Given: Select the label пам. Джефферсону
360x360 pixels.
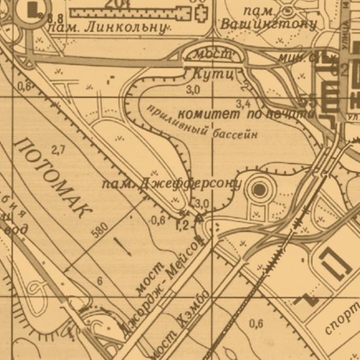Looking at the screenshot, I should (171, 184).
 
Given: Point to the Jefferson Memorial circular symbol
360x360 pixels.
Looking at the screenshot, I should (261, 190).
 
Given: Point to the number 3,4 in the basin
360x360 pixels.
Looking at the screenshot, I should (243, 103).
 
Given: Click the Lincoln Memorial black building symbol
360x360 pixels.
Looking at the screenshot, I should (33, 9).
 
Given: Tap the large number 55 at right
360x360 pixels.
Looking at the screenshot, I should (308, 101).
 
